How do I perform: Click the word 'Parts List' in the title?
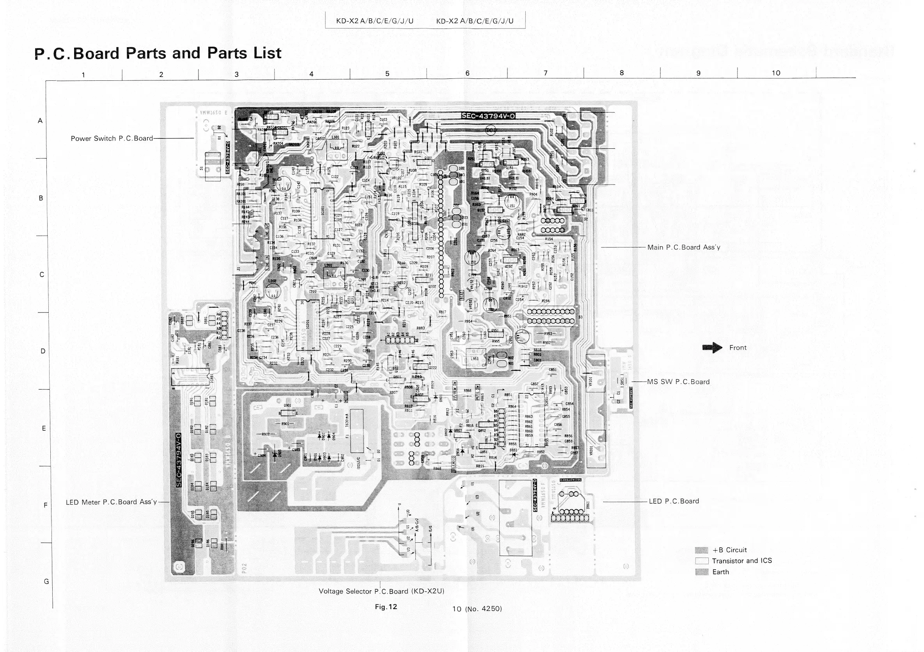coord(244,53)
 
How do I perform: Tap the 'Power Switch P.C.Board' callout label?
coord(112,139)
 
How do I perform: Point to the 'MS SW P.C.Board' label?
coord(678,382)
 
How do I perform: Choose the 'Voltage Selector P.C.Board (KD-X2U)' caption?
coord(381,591)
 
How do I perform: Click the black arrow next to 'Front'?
coord(712,348)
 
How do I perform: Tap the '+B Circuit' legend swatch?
coord(701,550)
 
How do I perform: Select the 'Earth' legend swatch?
coord(701,572)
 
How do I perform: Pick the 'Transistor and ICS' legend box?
coord(701,561)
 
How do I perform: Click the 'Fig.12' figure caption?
coord(386,607)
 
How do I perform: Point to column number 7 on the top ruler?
coord(545,73)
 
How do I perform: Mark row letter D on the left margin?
coord(43,351)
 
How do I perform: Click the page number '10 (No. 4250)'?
coord(477,609)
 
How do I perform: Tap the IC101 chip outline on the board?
coord(322,213)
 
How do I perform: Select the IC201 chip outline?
coord(308,325)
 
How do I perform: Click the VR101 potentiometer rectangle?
coord(595,373)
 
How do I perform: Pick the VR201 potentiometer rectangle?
coord(596,449)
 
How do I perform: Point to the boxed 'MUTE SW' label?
coord(477,392)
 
